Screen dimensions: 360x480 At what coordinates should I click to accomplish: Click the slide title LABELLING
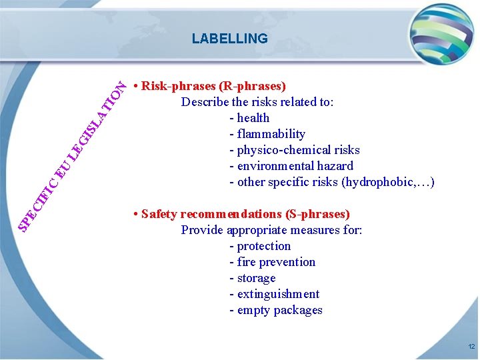[x=229, y=39]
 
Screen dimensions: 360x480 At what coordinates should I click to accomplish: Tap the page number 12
[x=471, y=347]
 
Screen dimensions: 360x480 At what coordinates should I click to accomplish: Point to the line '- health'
[x=249, y=118]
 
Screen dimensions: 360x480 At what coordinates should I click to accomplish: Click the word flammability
[x=271, y=134]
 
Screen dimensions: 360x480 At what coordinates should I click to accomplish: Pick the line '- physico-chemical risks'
[x=294, y=150]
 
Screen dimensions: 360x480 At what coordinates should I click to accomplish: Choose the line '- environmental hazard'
[x=291, y=166]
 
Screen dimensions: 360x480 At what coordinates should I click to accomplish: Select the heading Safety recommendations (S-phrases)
[x=245, y=214]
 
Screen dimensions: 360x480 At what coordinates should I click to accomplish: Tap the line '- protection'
[x=260, y=246]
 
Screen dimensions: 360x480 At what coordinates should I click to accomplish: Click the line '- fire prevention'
[x=272, y=262]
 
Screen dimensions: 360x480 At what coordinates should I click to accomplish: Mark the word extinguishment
[x=278, y=294]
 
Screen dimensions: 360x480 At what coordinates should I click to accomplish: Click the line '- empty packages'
[x=275, y=310]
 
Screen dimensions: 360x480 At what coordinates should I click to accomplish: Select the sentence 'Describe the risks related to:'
[x=257, y=102]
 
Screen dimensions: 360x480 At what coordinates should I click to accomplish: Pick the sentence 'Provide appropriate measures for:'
[x=271, y=230]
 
